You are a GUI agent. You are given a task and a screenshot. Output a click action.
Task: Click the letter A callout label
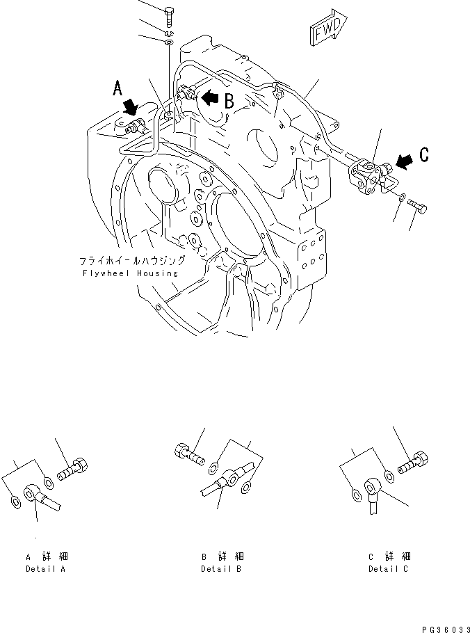tap(118, 88)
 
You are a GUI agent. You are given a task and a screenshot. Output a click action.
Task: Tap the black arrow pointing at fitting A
tap(130, 106)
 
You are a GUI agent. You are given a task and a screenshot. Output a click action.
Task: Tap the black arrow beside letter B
tap(210, 97)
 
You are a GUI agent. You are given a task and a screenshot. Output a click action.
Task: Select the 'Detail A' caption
tap(47, 568)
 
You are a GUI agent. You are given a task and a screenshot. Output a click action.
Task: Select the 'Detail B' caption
tap(221, 568)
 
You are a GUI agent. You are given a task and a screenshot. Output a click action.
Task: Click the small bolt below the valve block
tap(419, 205)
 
